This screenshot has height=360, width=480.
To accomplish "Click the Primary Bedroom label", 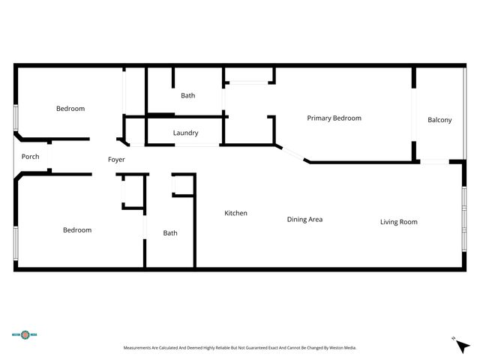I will pyautogui.click(x=334, y=118).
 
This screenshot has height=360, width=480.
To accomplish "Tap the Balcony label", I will pyautogui.click(x=439, y=120).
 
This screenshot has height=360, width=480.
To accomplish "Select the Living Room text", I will pyautogui.click(x=398, y=221).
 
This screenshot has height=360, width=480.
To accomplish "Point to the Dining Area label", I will pyautogui.click(x=304, y=219).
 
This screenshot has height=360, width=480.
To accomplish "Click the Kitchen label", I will pyautogui.click(x=235, y=213).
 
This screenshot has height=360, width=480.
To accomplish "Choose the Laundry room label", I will pyautogui.click(x=185, y=133).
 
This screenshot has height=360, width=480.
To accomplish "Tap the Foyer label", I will pyautogui.click(x=116, y=160).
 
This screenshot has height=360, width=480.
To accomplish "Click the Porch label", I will pyautogui.click(x=30, y=157).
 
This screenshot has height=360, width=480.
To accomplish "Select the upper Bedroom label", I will pyautogui.click(x=70, y=109).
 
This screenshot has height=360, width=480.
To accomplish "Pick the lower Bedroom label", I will pyautogui.click(x=76, y=229).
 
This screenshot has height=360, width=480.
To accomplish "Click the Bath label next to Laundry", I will pyautogui.click(x=187, y=95).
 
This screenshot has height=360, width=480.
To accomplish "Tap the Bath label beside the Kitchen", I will pyautogui.click(x=170, y=232).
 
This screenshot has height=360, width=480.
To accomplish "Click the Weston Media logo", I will pyautogui.click(x=25, y=334).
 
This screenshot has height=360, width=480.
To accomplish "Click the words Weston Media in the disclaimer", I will pyautogui.click(x=343, y=348).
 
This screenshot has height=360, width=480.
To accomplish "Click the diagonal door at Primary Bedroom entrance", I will pyautogui.click(x=293, y=154).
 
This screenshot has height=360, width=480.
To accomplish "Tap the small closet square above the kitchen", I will pyautogui.click(x=183, y=184).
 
